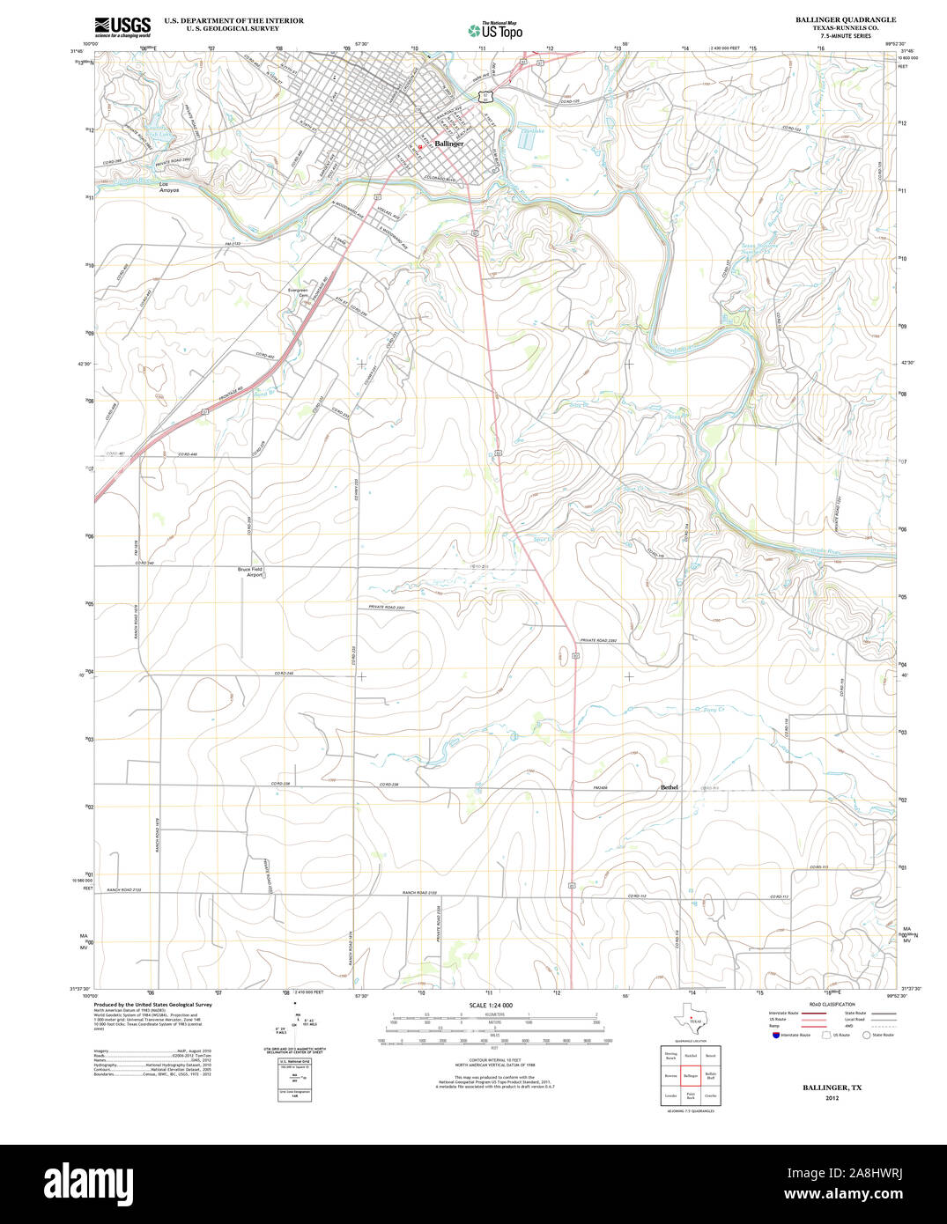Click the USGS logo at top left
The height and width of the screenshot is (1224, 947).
pyautogui.click(x=122, y=26)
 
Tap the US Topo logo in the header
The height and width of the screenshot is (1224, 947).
pyautogui.click(x=495, y=30)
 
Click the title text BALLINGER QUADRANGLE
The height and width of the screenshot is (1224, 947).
pyautogui.click(x=846, y=19)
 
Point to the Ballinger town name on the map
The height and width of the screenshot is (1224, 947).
pyautogui.click(x=448, y=144)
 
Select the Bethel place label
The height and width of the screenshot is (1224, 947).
pyautogui.click(x=670, y=786)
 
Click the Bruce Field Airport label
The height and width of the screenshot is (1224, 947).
pyautogui.click(x=250, y=571)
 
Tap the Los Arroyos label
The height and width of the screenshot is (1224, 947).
pyautogui.click(x=169, y=188)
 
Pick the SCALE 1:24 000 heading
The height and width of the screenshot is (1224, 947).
pyautogui.click(x=491, y=1005)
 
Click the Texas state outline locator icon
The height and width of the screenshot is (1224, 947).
pyautogui.click(x=690, y=1025)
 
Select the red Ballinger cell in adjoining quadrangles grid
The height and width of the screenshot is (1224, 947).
pyautogui.click(x=691, y=1075)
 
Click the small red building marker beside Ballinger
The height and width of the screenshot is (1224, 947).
pyautogui.click(x=420, y=146)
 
